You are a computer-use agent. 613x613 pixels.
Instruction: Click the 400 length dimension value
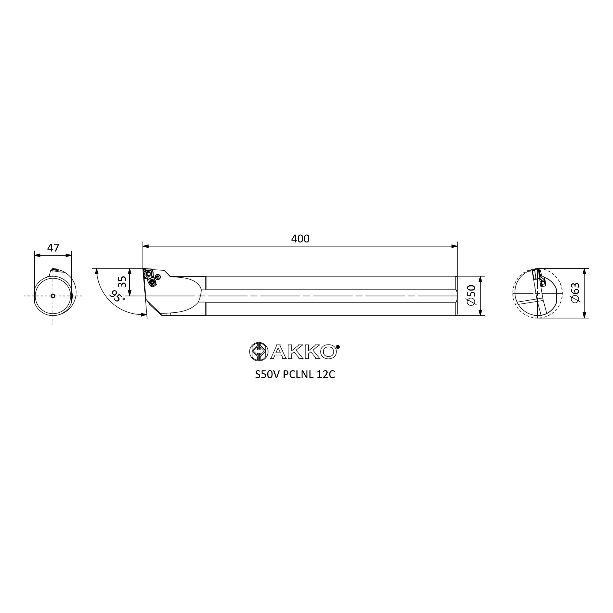pos(300,238)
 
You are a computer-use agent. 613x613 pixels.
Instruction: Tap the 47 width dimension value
pos(53,247)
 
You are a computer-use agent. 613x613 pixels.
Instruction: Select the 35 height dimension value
pos(122,281)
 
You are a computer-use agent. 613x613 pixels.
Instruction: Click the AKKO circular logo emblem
pos(259,352)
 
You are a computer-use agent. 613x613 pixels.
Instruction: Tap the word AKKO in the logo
pos(304,352)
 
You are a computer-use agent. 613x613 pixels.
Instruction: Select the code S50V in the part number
pos(268,375)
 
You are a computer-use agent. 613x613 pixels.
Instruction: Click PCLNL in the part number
pos(298,375)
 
